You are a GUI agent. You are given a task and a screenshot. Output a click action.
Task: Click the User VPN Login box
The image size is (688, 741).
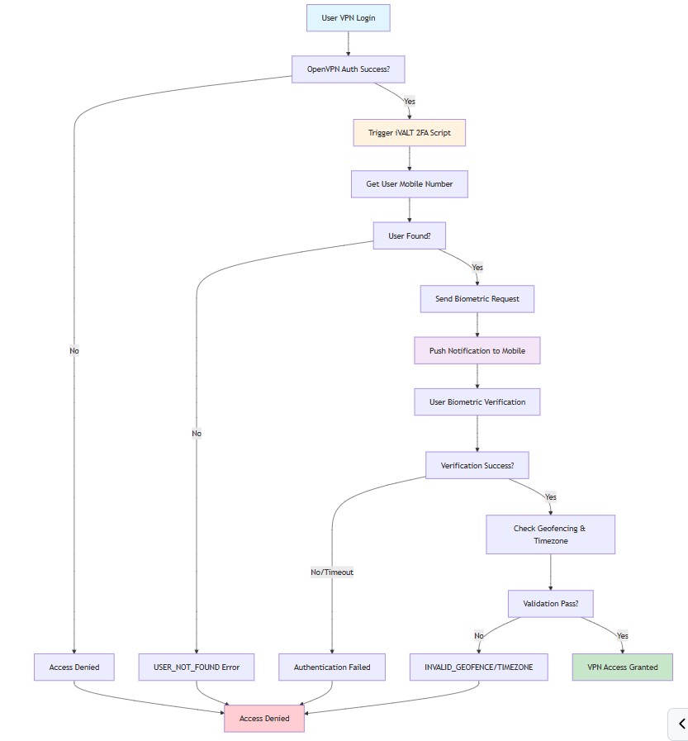pos(348,18)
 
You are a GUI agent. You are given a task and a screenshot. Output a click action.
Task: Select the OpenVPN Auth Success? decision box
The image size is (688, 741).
pos(348,69)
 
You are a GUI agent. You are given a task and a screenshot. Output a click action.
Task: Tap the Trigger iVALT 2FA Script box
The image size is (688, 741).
pos(410,133)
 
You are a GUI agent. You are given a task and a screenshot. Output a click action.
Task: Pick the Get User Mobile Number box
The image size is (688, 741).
pos(410,184)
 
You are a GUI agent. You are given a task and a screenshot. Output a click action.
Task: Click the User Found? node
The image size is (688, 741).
pos(410,235)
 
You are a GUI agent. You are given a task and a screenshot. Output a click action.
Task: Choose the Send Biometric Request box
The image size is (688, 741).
pos(477,299)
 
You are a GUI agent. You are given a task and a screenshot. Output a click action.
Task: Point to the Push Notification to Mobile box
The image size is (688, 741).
pos(477,350)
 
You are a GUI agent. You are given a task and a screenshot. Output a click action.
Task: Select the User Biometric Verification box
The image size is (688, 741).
pos(477,402)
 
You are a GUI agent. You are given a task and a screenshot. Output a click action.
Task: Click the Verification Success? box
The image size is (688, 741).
pos(477,465)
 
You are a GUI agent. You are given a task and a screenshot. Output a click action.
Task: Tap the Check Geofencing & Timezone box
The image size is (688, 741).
pos(550,534)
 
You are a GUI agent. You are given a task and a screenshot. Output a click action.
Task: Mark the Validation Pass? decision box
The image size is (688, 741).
pos(550,604)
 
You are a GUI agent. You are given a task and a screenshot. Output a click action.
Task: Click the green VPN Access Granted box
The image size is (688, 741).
pos(623,667)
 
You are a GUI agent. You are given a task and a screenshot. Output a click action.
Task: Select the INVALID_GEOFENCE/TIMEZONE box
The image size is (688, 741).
pos(479,667)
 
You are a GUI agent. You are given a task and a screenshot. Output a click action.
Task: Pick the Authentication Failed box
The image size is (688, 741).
pos(332,667)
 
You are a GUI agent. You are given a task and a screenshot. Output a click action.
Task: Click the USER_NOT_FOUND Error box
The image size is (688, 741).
pos(197,667)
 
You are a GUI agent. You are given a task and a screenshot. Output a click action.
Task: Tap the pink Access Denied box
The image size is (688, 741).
pos(264,718)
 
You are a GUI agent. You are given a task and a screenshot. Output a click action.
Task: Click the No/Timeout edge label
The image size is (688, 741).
pos(332,572)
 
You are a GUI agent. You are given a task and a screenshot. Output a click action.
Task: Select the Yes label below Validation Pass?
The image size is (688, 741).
pos(622,635)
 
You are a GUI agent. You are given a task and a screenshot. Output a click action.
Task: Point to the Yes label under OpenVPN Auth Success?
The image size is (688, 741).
pos(410,101)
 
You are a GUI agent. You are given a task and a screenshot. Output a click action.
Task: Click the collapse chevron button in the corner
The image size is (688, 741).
pos(681,724)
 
